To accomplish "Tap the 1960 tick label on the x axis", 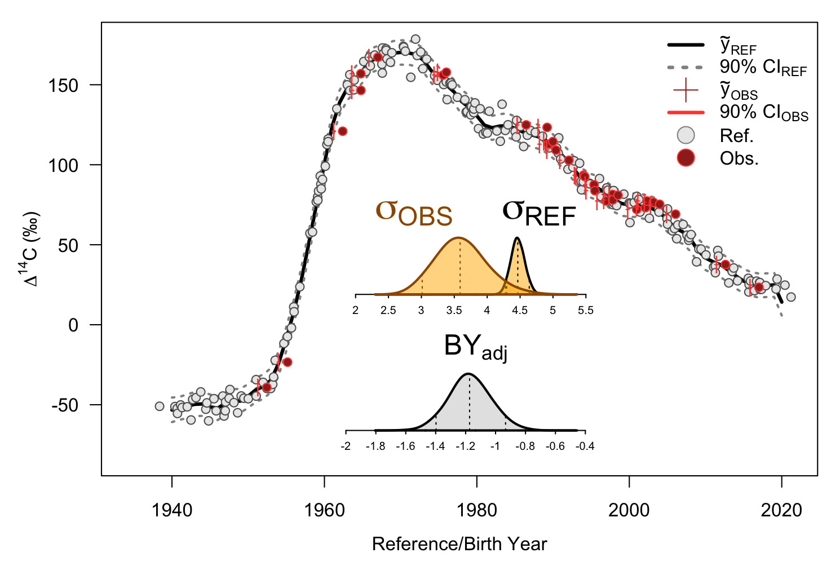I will click(x=324, y=510).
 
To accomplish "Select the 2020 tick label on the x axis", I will click(x=781, y=510).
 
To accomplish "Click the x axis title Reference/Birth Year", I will click(x=459, y=544).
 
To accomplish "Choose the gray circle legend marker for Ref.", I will click(x=686, y=135).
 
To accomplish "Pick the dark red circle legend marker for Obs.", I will click(x=686, y=158).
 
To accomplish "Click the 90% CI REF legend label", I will click(x=763, y=67).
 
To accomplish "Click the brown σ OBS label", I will click(x=414, y=213).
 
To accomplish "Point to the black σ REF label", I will click(x=539, y=213).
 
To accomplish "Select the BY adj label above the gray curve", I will click(x=476, y=346).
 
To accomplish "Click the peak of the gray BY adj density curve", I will click(x=468, y=374).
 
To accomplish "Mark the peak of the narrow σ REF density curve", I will click(x=518, y=238).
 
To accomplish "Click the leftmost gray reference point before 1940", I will click(x=160, y=406).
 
